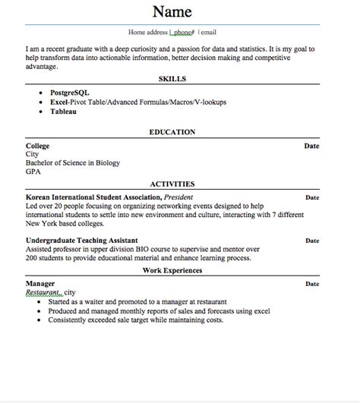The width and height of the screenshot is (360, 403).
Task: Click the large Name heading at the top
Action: [x=172, y=11]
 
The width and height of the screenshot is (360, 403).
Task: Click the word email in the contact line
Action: [x=208, y=33]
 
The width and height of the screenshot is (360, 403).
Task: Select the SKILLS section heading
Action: [x=172, y=78]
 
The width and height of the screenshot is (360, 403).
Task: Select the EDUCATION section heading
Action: [x=172, y=131]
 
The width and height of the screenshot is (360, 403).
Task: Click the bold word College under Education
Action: [x=39, y=144]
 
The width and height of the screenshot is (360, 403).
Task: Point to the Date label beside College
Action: [x=311, y=144]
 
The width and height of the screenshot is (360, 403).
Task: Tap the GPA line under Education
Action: [x=33, y=172]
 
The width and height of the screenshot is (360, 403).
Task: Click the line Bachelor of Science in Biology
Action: [x=72, y=162]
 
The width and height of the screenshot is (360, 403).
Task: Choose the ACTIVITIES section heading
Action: [x=172, y=183]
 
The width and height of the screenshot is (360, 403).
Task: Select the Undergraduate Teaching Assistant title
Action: [x=83, y=240]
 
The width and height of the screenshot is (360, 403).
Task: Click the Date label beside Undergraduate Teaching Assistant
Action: [x=311, y=240]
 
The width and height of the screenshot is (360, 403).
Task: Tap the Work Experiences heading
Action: [x=172, y=270]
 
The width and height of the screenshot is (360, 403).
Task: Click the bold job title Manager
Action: [x=41, y=283]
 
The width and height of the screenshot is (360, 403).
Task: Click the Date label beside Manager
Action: [x=311, y=283]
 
